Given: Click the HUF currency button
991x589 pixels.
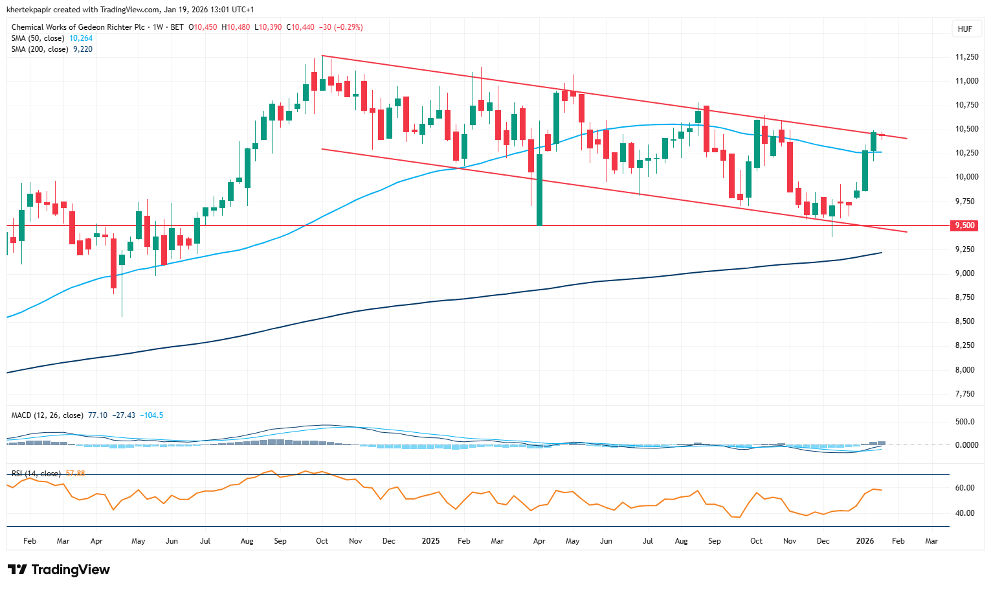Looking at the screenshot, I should coord(964,29).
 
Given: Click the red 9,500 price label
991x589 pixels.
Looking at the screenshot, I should coord(964,225).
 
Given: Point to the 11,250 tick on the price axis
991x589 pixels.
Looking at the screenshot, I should coord(967,57).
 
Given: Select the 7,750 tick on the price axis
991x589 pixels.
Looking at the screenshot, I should coord(964,394).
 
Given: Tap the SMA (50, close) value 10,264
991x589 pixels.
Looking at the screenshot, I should coord(81,38).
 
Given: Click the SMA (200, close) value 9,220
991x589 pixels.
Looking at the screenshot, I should coord(83,49).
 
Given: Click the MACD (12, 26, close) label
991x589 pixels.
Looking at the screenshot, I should coord(47,415).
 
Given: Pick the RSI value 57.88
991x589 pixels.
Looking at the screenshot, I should coord(76,474).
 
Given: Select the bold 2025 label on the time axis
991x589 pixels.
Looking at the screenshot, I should coord(430,540).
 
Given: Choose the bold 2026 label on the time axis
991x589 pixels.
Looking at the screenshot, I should coord(865,540).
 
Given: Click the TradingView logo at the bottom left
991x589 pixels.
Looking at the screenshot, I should coord(59,570).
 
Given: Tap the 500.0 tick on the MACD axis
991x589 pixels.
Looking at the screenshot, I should coord(965,422).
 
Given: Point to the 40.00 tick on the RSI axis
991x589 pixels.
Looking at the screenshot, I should coord(965,513).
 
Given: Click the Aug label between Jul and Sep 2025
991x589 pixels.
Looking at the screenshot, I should coord(681,540).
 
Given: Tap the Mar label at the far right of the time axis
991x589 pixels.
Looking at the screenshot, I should coord(931,540).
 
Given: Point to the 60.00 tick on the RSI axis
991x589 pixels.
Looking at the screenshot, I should coord(965,488).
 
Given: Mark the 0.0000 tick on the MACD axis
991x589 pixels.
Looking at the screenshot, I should coord(966,445).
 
